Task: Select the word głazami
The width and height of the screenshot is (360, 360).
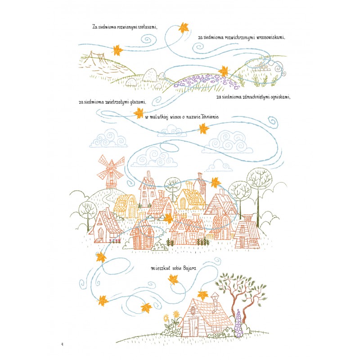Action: tap(138, 102)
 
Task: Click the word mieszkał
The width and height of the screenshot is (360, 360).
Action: tap(161, 268)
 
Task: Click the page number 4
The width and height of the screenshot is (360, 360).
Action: tap(62, 344)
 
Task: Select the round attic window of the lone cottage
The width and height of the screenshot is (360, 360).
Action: tap(193, 311)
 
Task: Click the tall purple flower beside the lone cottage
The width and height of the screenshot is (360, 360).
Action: tap(239, 323)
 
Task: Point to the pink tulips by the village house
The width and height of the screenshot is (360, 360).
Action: tap(115, 241)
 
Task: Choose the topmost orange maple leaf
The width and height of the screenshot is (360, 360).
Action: tap(184, 28)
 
